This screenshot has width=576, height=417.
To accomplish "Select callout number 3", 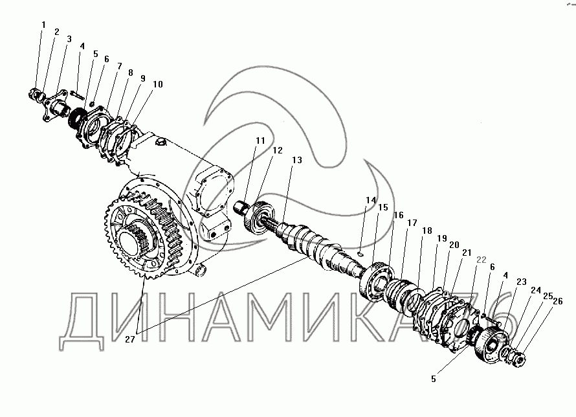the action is [68, 39].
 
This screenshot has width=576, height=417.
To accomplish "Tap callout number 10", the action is [158, 84].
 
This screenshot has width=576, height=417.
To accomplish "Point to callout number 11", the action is [260, 141].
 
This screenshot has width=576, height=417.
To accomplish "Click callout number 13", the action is [297, 161].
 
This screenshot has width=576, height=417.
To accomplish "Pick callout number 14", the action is [370, 201].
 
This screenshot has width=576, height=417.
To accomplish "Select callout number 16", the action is [398, 216].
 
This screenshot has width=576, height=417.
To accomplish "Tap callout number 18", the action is [426, 231].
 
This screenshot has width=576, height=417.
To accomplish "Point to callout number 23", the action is [521, 282].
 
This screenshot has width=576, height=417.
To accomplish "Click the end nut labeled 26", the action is [520, 355].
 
